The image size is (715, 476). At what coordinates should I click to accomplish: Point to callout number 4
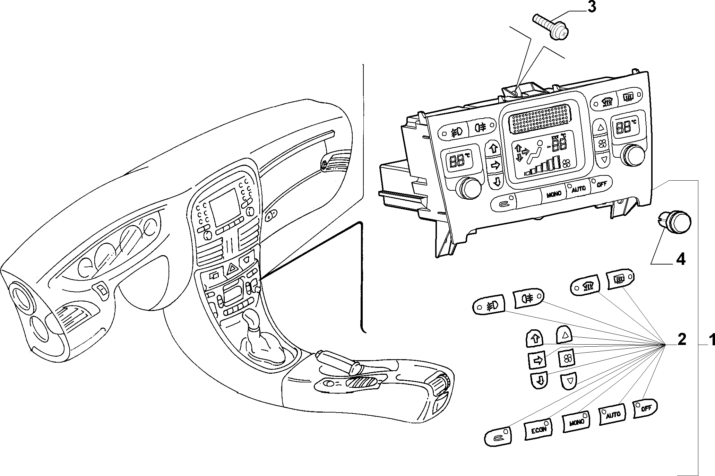tap(681, 259)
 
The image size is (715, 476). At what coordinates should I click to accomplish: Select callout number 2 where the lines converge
tap(681, 339)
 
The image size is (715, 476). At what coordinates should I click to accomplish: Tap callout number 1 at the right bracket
tap(710, 340)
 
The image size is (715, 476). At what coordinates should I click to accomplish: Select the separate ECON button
tap(539, 430)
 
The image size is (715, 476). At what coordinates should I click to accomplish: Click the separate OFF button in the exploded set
tap(646, 408)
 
